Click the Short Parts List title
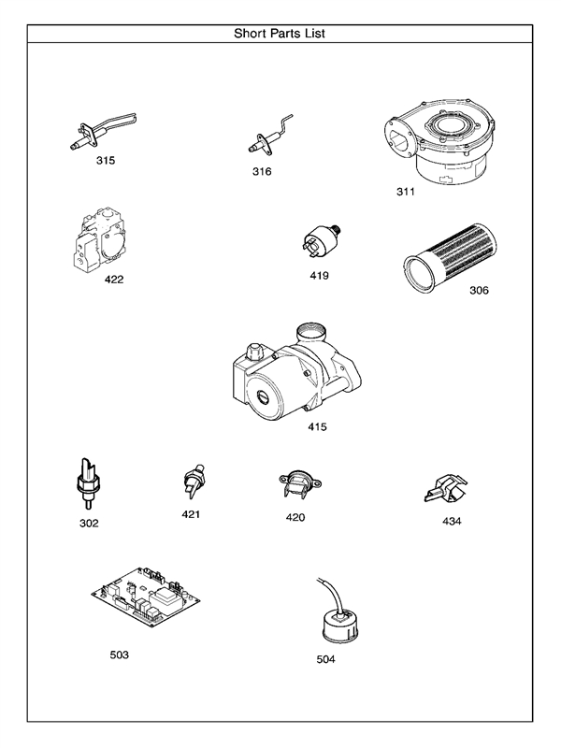click(280, 33)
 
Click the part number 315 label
click(106, 160)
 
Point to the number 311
click(405, 193)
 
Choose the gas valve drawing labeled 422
click(99, 239)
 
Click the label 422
click(114, 279)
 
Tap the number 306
click(479, 290)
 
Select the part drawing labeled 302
click(87, 482)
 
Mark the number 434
click(452, 521)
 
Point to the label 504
click(325, 659)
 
